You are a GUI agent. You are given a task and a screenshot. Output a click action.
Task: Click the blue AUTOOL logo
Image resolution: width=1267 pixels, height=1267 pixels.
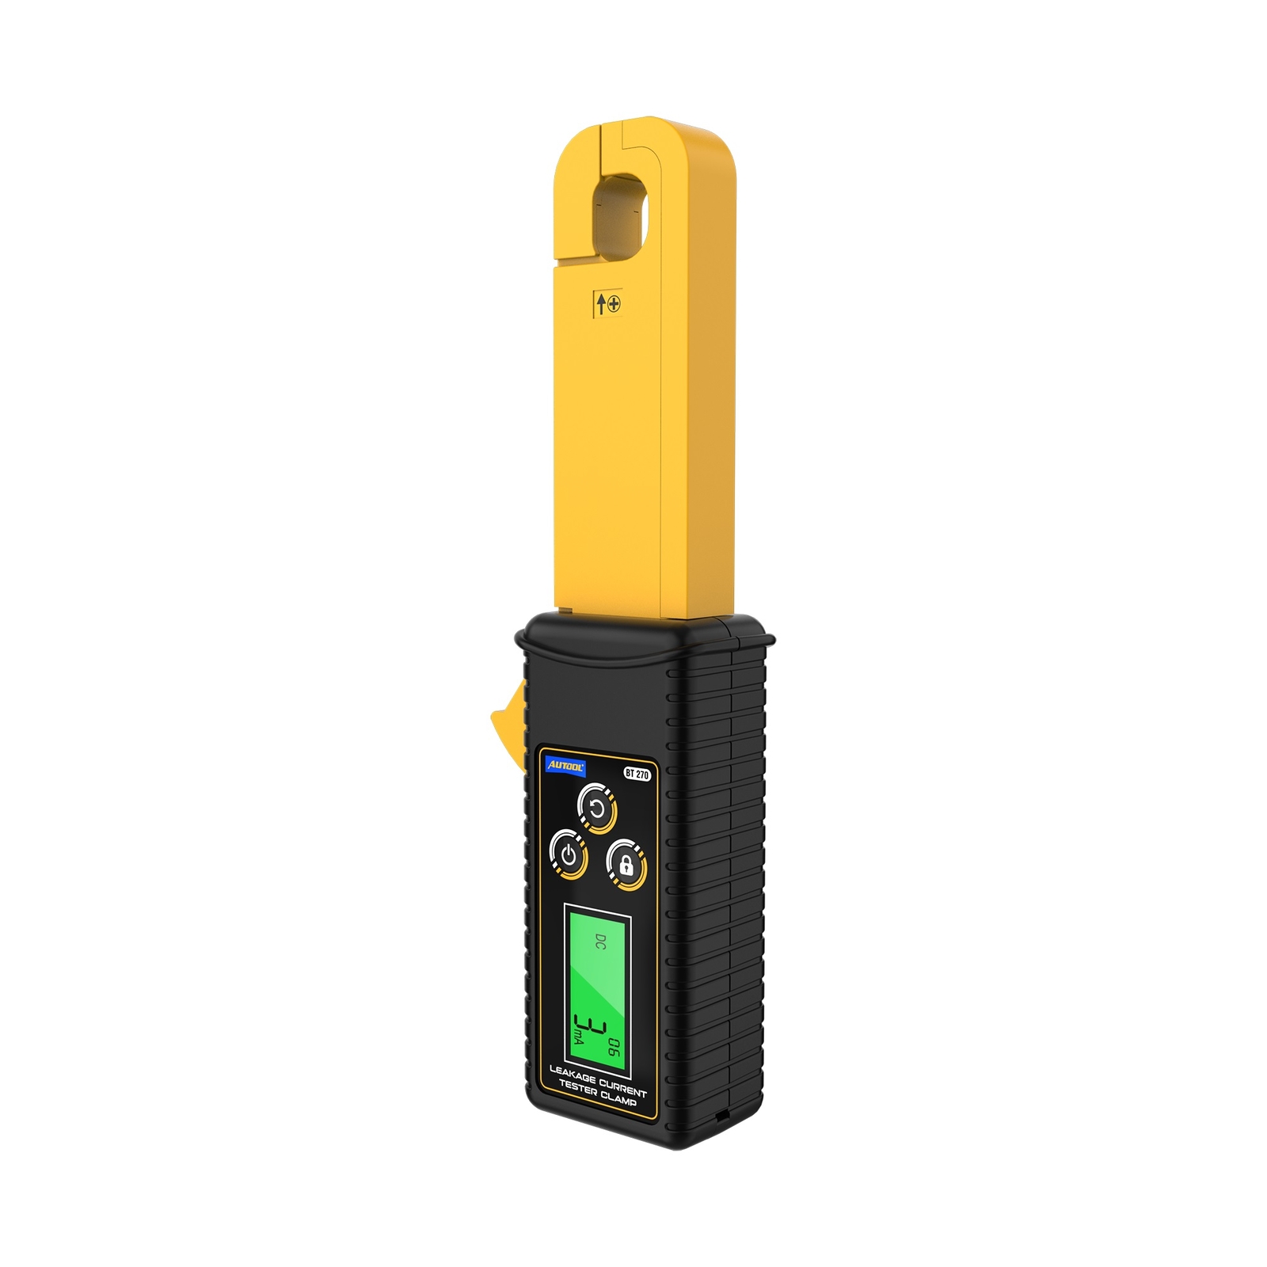click(566, 766)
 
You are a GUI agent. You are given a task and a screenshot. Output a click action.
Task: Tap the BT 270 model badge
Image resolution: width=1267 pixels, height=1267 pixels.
click(637, 774)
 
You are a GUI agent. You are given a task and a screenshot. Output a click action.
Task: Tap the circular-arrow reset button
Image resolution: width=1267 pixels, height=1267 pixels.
click(598, 809)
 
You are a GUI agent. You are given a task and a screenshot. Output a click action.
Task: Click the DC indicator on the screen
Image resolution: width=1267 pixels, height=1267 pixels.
click(599, 942)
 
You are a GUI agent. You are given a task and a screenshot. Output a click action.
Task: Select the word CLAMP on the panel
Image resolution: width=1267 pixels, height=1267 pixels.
click(618, 1098)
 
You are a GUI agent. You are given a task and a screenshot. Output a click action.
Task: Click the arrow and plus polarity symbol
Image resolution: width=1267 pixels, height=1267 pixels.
click(608, 303)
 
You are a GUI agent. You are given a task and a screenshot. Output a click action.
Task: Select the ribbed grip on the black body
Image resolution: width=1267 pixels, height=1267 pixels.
click(713, 871)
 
